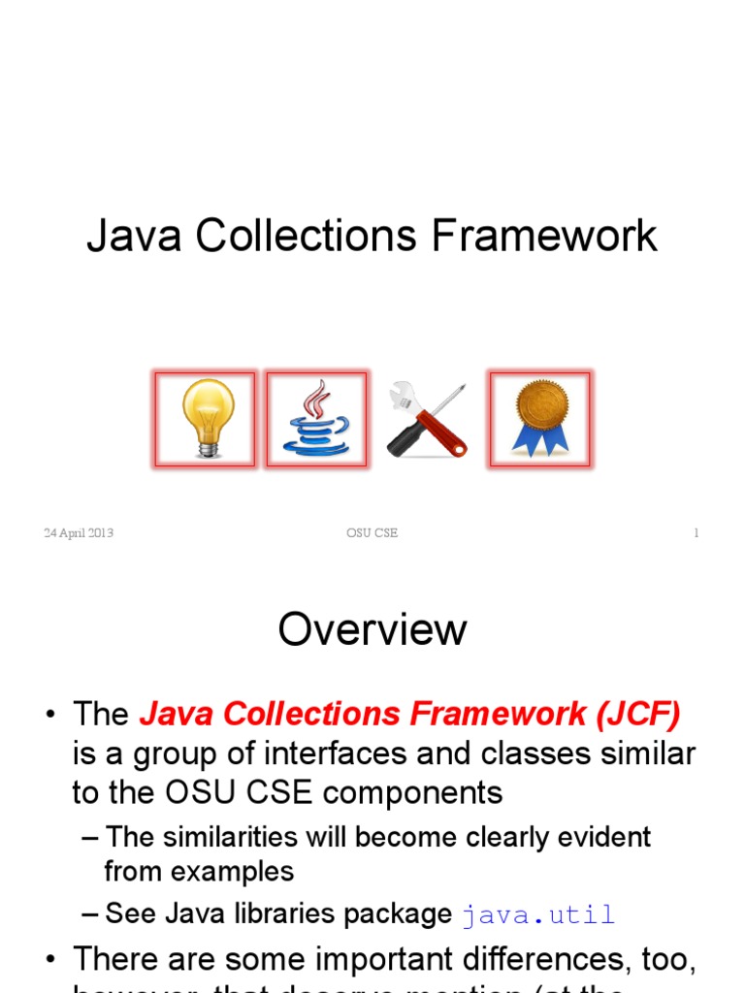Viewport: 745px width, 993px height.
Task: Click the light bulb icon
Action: (x=205, y=419)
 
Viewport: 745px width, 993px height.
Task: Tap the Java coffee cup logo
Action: (x=316, y=419)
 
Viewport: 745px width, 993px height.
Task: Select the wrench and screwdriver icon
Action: (x=427, y=419)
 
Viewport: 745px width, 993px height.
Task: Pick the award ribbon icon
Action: (x=539, y=419)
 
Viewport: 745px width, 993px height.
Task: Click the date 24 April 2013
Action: (x=79, y=533)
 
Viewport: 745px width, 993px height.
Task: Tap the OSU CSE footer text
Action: (x=372, y=533)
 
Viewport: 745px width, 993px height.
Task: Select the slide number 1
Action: (x=696, y=533)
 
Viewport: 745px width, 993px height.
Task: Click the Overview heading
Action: (x=372, y=629)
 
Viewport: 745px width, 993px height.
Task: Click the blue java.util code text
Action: (x=538, y=914)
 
